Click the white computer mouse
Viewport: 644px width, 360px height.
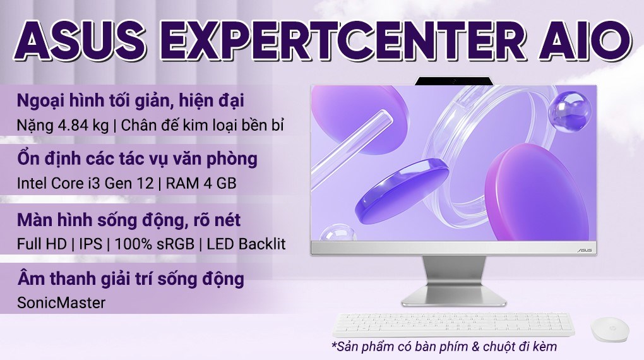coord(609,328)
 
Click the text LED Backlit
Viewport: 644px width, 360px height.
coord(247,243)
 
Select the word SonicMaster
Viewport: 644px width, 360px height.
coord(61,303)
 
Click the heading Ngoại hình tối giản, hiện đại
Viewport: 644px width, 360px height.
coord(130,101)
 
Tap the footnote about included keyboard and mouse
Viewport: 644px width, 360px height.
coord(444,347)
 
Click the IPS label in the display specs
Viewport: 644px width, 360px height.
coord(92,243)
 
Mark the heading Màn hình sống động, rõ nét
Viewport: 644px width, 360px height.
coord(128,220)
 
